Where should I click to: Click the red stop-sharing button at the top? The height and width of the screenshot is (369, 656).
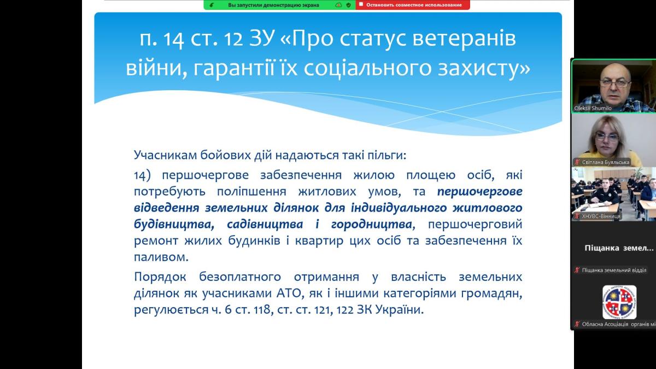click(x=413, y=5)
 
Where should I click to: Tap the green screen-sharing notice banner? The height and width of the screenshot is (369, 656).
click(x=280, y=5)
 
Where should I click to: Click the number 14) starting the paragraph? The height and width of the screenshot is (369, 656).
click(x=142, y=175)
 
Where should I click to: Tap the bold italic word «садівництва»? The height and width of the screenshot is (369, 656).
click(x=265, y=224)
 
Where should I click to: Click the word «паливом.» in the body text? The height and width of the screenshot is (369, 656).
click(x=161, y=257)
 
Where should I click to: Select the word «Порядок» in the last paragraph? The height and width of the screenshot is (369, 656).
click(x=160, y=277)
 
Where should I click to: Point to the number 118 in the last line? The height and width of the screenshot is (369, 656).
click(x=262, y=310)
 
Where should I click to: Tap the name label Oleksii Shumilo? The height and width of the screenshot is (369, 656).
click(x=593, y=108)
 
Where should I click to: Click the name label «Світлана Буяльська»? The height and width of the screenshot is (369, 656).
click(x=605, y=162)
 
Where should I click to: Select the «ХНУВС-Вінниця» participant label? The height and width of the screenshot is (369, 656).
click(x=601, y=216)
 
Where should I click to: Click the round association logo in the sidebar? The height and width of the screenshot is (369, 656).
click(x=619, y=302)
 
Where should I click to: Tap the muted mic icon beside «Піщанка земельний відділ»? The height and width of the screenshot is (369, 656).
click(x=577, y=270)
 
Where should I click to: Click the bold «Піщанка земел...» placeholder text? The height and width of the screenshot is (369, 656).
click(x=619, y=248)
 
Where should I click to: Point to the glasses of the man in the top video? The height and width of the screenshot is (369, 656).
click(x=615, y=84)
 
